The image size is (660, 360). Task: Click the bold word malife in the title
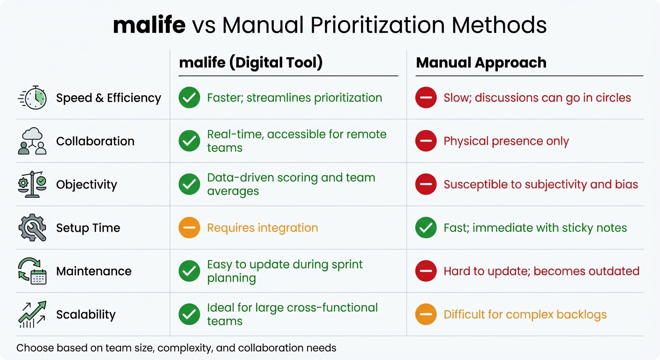[149, 25]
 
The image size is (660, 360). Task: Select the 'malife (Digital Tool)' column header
[251, 63]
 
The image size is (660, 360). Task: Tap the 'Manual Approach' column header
[481, 63]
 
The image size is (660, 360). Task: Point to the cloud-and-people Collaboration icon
[32, 141]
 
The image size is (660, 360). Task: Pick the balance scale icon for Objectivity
[32, 184]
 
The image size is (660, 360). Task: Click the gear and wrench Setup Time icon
[32, 228]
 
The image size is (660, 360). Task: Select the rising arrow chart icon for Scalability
[32, 314]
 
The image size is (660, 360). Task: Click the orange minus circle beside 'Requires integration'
[189, 228]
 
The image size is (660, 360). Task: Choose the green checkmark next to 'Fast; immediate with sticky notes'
[426, 228]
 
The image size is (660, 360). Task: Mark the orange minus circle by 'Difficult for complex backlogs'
[426, 315]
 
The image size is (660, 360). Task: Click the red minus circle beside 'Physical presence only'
[426, 141]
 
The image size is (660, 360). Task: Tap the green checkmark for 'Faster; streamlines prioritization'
[189, 98]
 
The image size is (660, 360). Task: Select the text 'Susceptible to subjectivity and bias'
[540, 184]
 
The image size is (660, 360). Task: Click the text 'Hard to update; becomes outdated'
[541, 271]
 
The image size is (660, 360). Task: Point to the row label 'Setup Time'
[88, 228]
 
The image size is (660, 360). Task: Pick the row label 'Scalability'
[86, 315]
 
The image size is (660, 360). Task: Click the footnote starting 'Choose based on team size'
[176, 348]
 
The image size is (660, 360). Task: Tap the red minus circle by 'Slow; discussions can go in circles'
[426, 98]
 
